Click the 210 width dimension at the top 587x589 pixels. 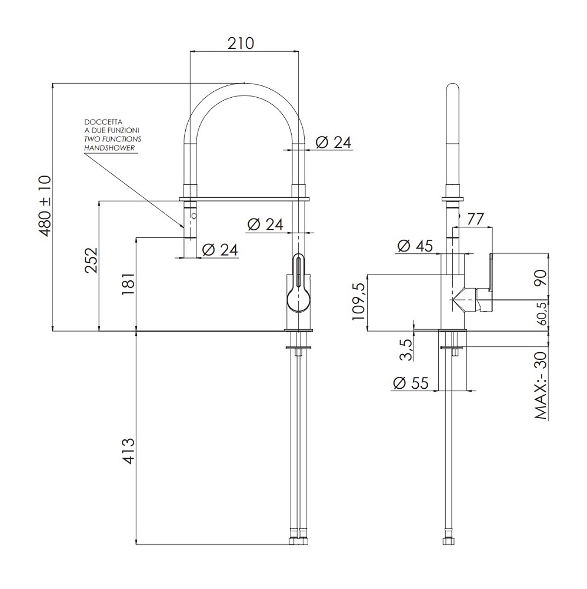point(241,44)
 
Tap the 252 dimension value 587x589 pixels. point(91,260)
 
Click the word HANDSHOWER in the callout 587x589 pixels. point(109,148)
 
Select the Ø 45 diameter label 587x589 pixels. point(415,246)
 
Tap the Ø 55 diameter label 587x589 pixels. point(411,383)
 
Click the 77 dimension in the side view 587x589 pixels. point(475,219)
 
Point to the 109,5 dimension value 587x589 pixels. point(359,301)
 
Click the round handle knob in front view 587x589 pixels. point(299,300)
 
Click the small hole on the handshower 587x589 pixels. point(194,216)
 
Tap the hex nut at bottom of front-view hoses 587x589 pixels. point(299,541)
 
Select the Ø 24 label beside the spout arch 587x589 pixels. point(333,143)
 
